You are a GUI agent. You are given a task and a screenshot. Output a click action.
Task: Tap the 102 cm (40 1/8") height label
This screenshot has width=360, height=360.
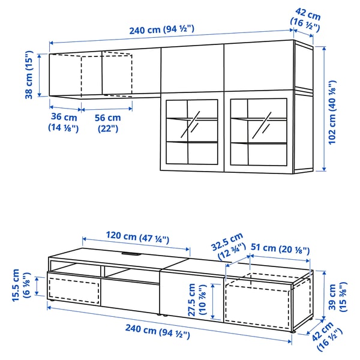coord(337,110)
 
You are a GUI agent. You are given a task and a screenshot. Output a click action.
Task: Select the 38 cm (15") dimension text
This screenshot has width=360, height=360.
coord(27,74)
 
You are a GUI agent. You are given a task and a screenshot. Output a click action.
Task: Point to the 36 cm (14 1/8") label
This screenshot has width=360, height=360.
coord(63,122)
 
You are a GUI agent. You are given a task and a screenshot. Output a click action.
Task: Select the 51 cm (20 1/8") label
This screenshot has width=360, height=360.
coord(279,248)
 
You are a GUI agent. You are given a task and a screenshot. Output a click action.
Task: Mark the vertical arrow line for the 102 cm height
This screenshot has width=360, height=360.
coord(325,109)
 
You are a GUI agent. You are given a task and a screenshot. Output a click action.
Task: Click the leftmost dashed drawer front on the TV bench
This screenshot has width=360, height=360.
coord(73,290)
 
